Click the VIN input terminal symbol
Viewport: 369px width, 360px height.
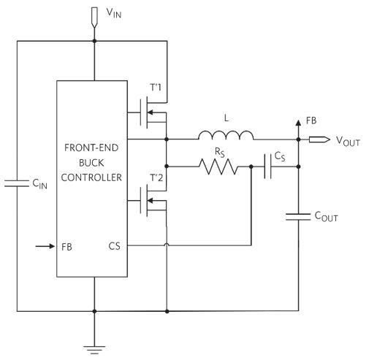point(94,17)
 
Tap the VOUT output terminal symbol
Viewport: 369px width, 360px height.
point(319,139)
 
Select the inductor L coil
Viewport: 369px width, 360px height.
point(226,135)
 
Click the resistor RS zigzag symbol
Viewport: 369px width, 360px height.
point(218,166)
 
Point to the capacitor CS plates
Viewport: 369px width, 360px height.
point(267,166)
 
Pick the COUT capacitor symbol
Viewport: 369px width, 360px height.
point(298,217)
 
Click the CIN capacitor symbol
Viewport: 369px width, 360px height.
point(17,183)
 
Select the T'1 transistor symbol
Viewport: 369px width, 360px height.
point(153,112)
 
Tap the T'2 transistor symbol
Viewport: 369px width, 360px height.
point(153,201)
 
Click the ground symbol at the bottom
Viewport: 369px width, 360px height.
point(94,350)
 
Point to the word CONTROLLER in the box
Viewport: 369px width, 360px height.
point(91,177)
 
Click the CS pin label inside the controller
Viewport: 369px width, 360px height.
point(114,246)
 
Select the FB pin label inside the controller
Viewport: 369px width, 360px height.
point(66,247)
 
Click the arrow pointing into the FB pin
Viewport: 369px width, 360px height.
point(45,246)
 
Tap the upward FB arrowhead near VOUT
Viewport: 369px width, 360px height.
point(298,123)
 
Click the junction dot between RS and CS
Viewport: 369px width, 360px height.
point(251,166)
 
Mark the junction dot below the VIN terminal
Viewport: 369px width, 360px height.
point(94,41)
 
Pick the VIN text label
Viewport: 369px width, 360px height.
point(114,13)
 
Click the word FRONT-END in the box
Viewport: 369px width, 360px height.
point(91,148)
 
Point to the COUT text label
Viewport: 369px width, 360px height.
point(326,216)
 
